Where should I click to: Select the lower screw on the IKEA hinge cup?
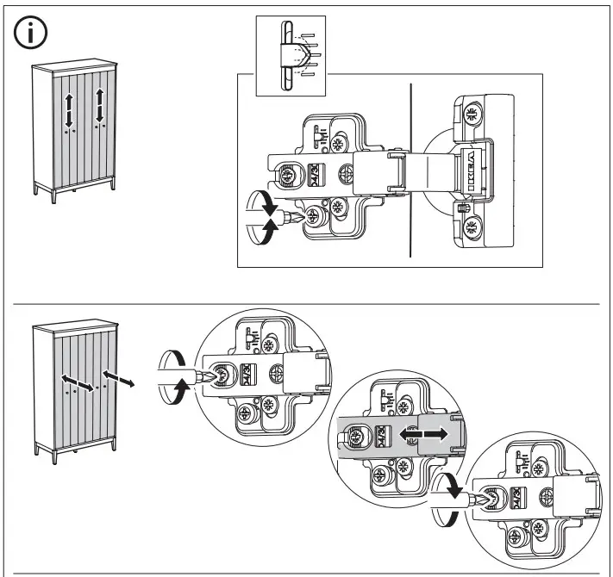pyautogui.click(x=471, y=227)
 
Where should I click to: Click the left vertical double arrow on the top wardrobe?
pyautogui.click(x=68, y=110)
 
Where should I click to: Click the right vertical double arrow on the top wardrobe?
pyautogui.click(x=99, y=105)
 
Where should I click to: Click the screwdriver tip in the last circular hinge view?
pyautogui.click(x=484, y=498)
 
